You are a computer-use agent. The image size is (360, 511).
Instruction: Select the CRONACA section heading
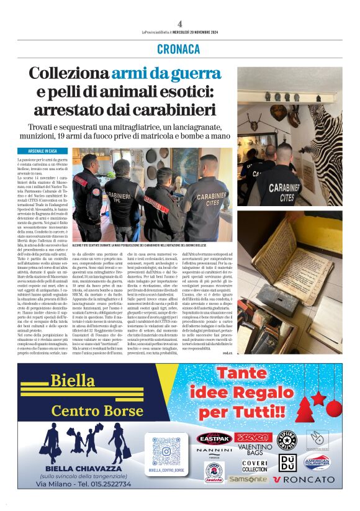click(x=179, y=48)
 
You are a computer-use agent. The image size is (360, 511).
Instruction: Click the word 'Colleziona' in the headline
click(x=69, y=73)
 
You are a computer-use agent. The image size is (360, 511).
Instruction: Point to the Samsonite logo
click(x=248, y=479)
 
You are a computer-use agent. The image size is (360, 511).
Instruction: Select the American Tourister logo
click(x=317, y=462)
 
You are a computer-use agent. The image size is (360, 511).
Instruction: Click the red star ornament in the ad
click(x=318, y=397)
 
